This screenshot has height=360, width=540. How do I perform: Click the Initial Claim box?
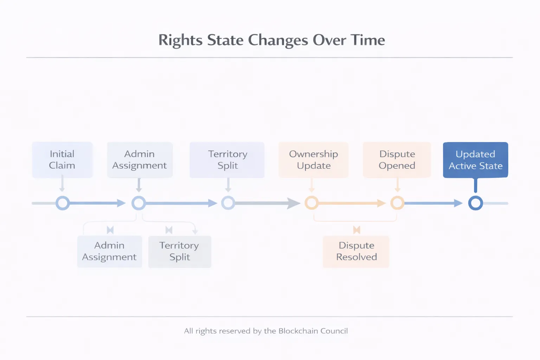click(62, 160)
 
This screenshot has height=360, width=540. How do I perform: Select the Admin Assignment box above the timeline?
click(140, 160)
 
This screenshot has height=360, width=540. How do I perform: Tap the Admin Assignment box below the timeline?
click(109, 251)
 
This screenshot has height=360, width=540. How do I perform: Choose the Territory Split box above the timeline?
click(227, 160)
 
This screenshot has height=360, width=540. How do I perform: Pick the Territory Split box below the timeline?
click(179, 251)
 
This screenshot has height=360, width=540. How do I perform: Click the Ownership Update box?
click(313, 160)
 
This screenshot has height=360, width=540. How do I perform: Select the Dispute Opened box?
click(397, 160)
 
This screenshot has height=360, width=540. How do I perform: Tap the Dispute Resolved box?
click(356, 251)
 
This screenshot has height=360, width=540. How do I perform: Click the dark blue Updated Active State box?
click(475, 160)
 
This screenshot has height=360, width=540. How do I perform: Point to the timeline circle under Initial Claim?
click(63, 203)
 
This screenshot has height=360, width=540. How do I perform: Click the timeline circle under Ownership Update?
click(311, 203)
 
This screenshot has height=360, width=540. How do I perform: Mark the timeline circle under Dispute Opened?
click(397, 203)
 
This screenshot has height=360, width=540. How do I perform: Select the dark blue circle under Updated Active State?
click(475, 203)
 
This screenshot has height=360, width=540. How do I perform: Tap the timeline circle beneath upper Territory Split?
click(228, 203)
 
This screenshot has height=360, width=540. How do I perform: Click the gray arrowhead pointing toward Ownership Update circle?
click(293, 203)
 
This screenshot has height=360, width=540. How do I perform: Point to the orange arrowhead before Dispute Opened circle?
click(381, 203)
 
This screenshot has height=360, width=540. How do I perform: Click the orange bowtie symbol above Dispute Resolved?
click(356, 230)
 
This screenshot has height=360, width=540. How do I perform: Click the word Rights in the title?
click(180, 40)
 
